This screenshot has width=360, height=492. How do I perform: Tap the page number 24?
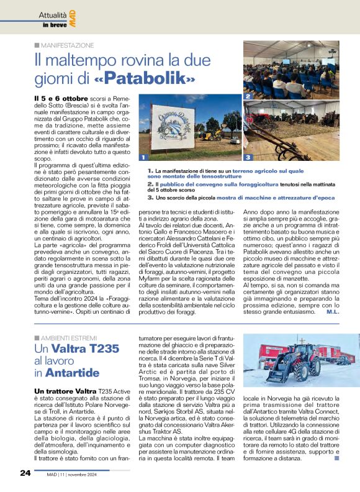pyautogui.click(x=25, y=473)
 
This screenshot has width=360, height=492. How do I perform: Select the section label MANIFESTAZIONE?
pyautogui.click(x=67, y=45)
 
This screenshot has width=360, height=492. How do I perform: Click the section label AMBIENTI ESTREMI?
pyautogui.click(x=68, y=337)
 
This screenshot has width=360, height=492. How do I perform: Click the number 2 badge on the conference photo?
pyautogui.click(x=247, y=97)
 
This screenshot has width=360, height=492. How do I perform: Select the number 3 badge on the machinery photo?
pyautogui.click(x=247, y=157)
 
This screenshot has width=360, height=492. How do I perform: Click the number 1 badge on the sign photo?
pyautogui.click(x=143, y=157)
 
